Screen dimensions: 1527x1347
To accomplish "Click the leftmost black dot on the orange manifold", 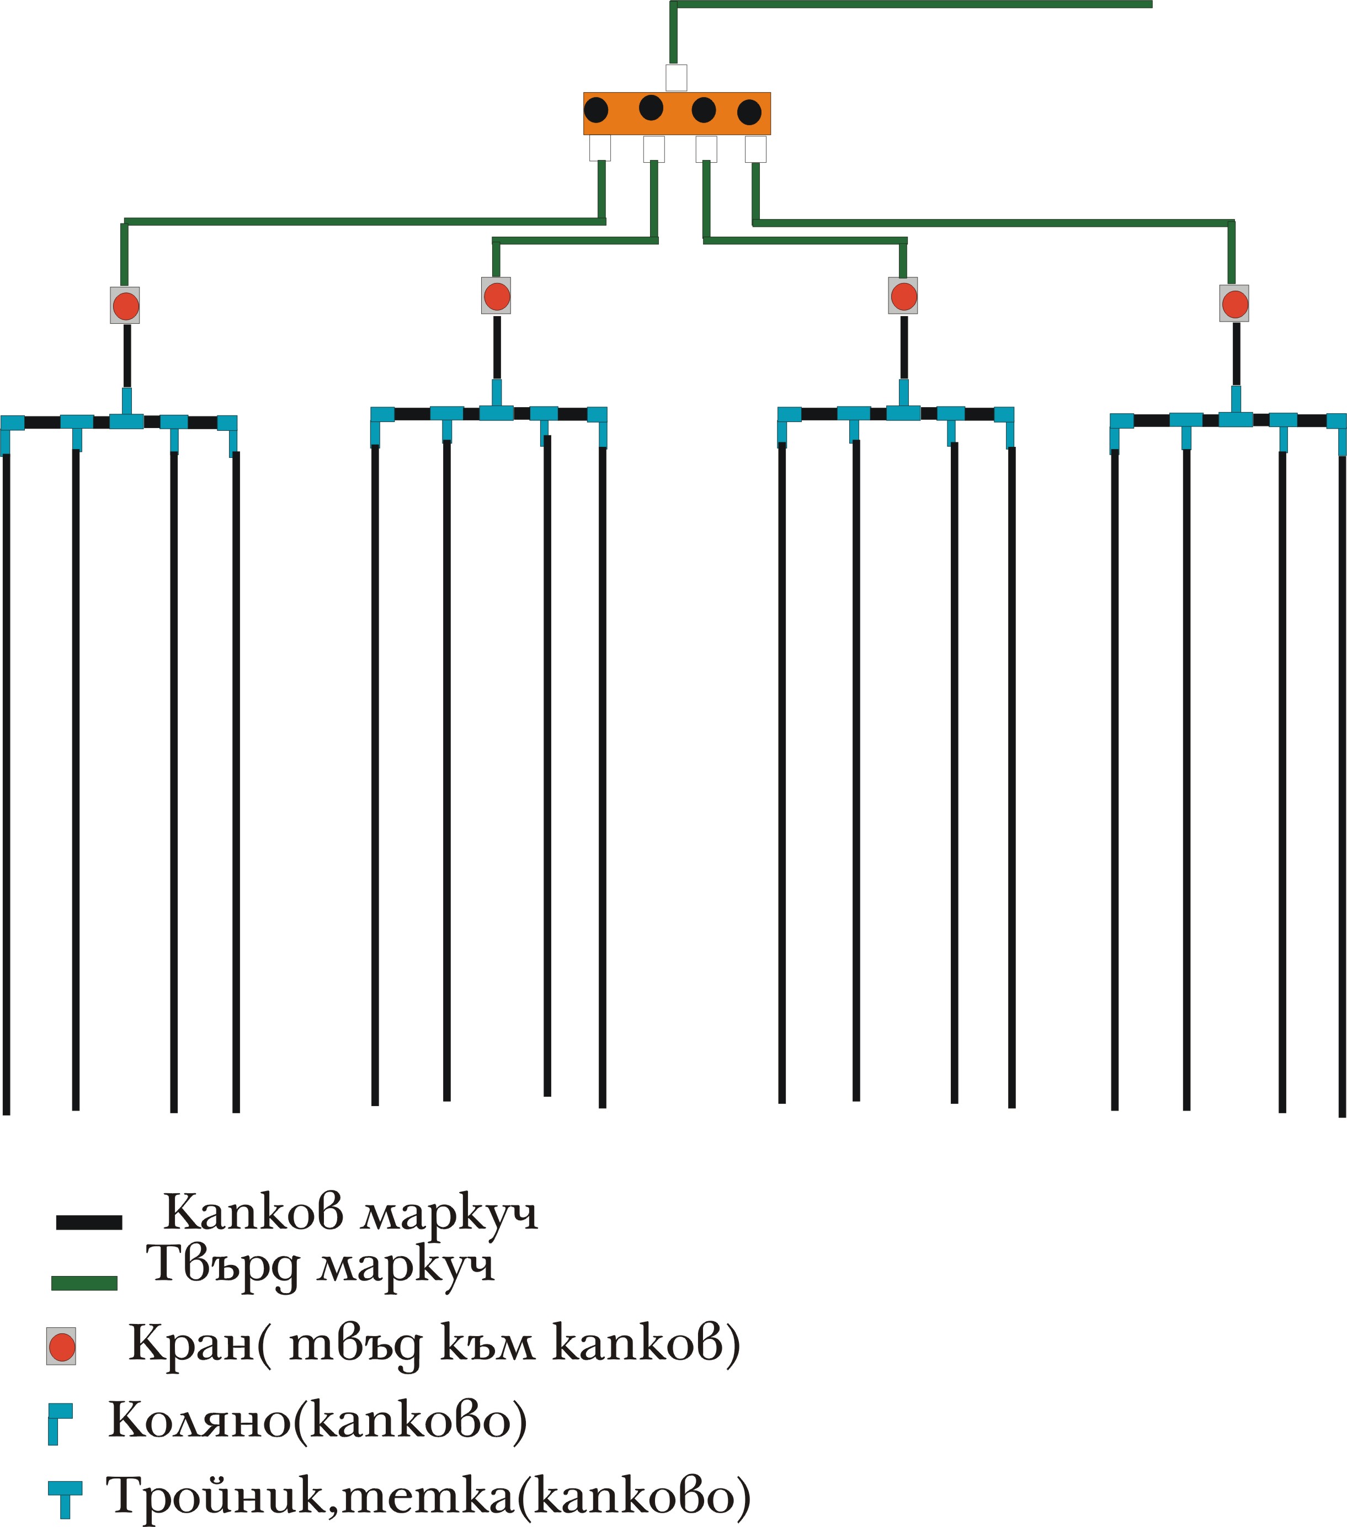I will coord(595,110).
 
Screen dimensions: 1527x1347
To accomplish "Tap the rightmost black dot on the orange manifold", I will coord(749,113).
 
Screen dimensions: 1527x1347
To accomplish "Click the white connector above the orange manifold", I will coord(676,78).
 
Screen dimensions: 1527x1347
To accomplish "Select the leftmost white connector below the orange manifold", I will coord(599,148).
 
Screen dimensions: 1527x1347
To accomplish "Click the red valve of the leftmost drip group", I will coord(125,306).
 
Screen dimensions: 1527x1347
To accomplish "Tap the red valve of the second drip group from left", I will coord(496,296).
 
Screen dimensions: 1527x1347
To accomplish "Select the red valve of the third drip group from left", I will coord(903,296).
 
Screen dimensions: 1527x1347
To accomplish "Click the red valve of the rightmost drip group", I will coord(1234,304).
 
